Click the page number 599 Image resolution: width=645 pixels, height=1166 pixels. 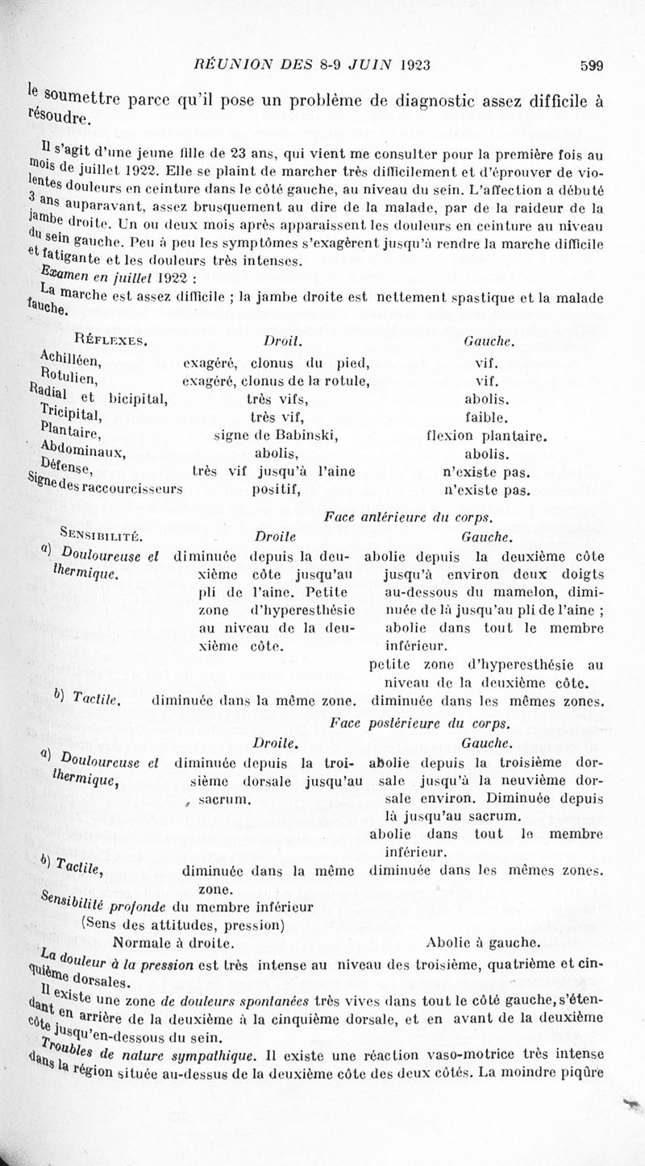pyautogui.click(x=591, y=66)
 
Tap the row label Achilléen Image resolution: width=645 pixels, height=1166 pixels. pyautogui.click(x=70, y=359)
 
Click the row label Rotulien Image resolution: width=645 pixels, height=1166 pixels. pyautogui.click(x=69, y=379)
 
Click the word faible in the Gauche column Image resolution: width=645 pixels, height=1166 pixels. pyautogui.click(x=487, y=417)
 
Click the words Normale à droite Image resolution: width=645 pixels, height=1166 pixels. pyautogui.click(x=174, y=941)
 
